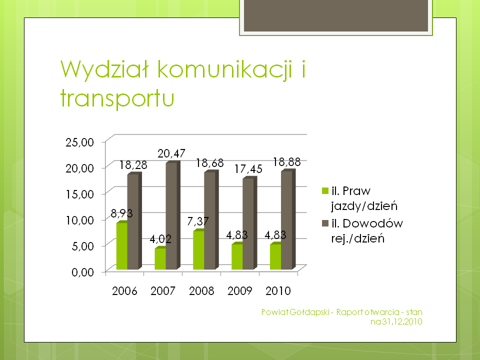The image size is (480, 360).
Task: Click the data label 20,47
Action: [171, 153]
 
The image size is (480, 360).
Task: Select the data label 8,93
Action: [121, 213]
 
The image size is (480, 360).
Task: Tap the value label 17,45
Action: [248, 168]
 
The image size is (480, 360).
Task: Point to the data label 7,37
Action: [198, 221]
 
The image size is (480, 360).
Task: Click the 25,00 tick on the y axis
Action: [79, 142]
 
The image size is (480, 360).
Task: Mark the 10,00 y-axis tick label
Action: [79, 220]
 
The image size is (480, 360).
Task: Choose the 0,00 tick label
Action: [82, 272]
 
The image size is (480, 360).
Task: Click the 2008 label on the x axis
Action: [201, 291]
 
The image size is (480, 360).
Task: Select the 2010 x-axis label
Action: [278, 291]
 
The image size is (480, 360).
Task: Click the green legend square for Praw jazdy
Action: [325, 190]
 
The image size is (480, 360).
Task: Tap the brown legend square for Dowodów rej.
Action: [325, 223]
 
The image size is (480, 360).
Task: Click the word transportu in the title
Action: [117, 98]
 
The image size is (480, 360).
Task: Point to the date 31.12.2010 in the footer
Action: [402, 321]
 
